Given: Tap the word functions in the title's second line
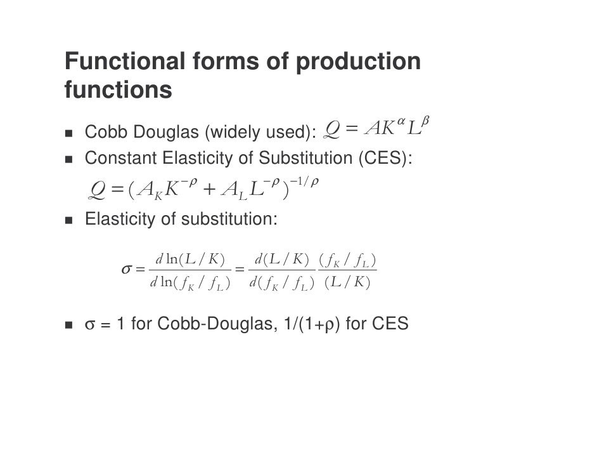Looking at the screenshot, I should click(x=118, y=90).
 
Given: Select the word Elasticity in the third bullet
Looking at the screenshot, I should click(x=118, y=220).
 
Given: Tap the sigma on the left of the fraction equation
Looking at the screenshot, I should click(x=127, y=269).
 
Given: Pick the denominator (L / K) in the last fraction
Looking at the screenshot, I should click(x=346, y=282).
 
